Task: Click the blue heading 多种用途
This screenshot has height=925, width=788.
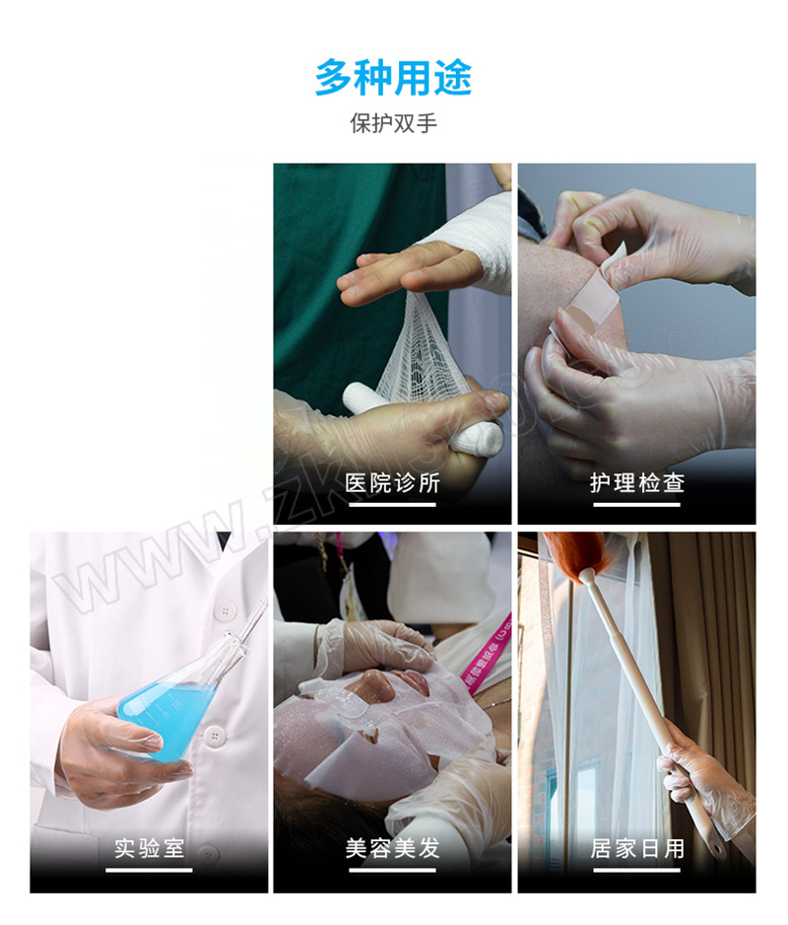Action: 393,78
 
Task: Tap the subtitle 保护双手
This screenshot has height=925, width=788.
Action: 393,123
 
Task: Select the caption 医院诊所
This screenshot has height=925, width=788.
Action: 393,483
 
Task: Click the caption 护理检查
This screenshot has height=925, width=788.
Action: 637,483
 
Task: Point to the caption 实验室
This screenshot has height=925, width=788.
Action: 149,848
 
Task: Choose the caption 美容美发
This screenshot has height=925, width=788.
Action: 393,848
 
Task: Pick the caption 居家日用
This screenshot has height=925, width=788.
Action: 637,848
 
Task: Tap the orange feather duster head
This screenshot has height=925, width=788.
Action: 574,554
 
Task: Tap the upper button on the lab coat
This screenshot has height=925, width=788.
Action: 224,610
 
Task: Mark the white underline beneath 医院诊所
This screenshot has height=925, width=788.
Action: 393,504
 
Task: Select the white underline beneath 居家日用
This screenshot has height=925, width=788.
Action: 637,870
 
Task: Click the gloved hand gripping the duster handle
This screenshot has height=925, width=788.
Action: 704,776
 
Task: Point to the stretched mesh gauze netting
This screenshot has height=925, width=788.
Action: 422,348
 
